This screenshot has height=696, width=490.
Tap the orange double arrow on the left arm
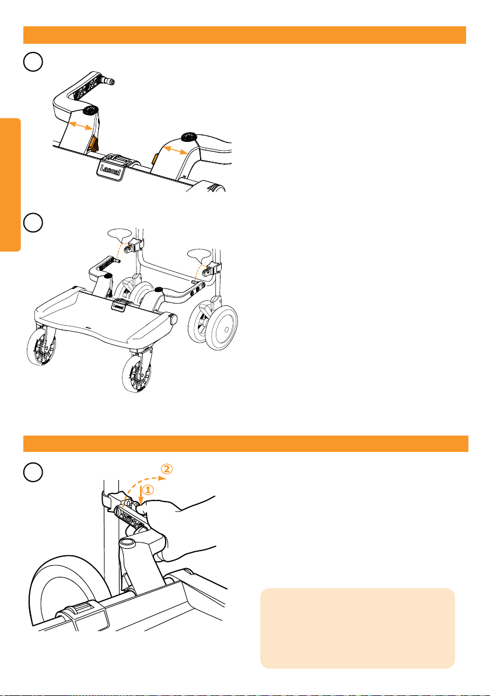81,126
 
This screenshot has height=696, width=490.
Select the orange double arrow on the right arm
175,151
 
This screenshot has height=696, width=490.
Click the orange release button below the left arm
93,144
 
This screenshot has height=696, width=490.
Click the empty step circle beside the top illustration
33,62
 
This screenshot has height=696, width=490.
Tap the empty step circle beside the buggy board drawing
33,223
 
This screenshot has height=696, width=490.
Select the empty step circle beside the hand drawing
33,472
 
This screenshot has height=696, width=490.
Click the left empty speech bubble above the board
120,234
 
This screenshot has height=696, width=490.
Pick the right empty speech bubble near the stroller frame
199,255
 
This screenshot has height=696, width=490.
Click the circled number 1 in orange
147,490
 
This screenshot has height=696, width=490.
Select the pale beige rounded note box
358,628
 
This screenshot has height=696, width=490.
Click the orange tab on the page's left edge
10,185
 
